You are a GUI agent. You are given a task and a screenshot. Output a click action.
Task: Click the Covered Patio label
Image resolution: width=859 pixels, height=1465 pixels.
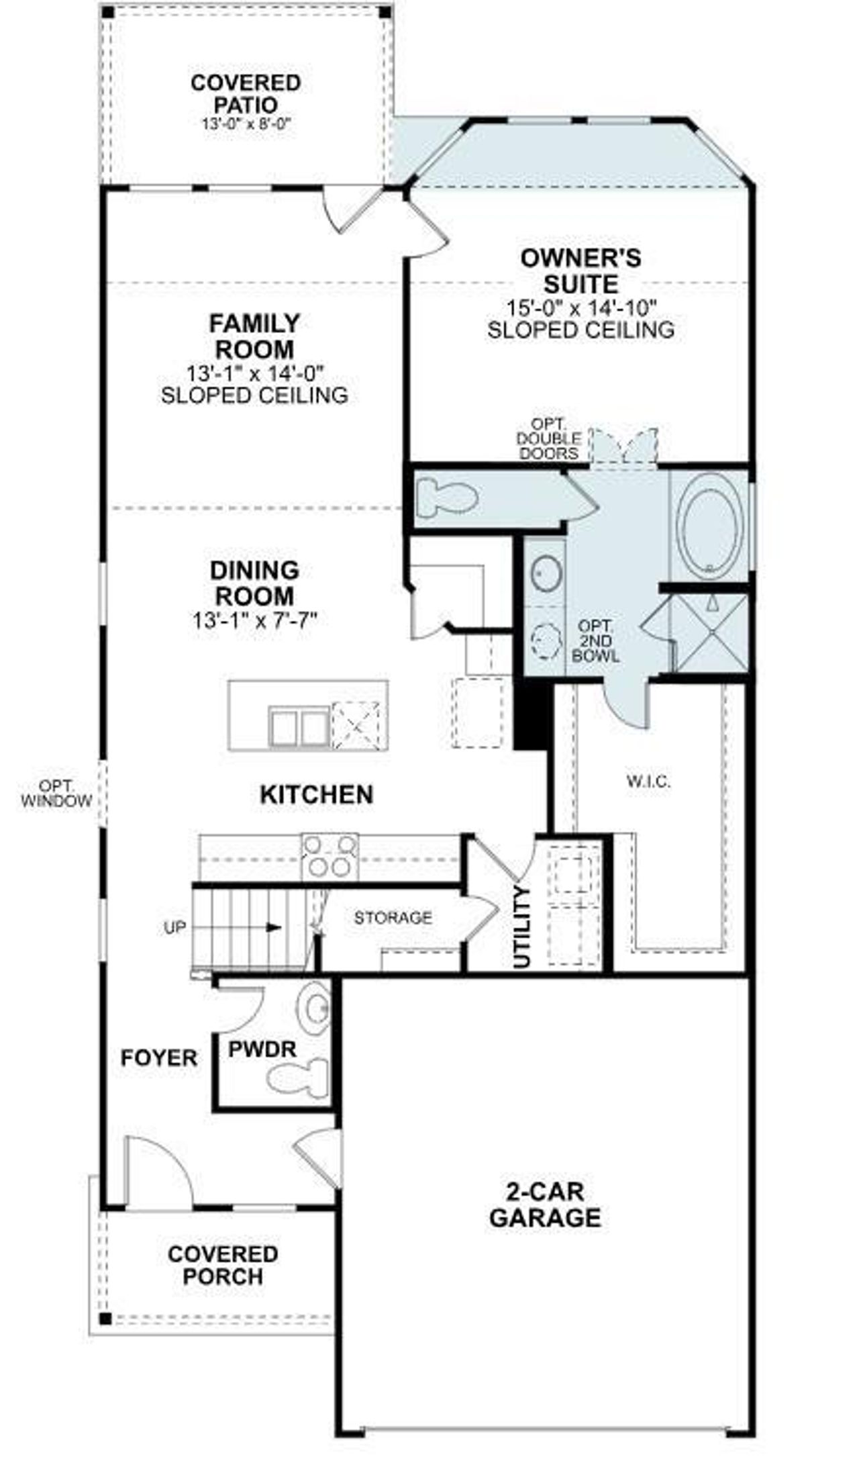point(246,94)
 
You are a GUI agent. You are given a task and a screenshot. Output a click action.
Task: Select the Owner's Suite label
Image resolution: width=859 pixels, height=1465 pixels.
point(580,271)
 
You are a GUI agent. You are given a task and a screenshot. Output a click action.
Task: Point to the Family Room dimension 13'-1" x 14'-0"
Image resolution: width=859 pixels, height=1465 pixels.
point(255,371)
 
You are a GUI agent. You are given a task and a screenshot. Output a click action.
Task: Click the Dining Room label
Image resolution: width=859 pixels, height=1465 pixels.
point(254,583)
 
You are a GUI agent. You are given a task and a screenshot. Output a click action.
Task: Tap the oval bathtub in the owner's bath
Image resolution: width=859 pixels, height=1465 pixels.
point(709,524)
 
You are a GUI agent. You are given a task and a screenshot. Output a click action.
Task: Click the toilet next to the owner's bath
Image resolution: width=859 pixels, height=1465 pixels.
point(446,498)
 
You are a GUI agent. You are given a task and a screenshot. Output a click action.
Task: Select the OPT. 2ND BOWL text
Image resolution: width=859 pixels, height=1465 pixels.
point(595,641)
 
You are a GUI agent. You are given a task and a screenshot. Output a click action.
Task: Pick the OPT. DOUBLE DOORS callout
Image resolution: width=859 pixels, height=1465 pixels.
point(548,438)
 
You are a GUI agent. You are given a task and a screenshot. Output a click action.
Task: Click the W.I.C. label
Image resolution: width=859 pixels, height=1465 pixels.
point(648,781)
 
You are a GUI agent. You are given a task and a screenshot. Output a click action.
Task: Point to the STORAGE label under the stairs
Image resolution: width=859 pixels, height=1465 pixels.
point(393,917)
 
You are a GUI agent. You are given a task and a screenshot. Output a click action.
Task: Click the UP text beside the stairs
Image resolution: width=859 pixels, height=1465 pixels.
point(174,928)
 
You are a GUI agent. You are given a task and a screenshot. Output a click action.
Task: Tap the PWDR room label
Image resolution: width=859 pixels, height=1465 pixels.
point(262,1049)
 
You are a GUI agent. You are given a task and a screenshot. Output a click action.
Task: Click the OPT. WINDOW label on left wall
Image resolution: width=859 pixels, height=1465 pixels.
point(56,793)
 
